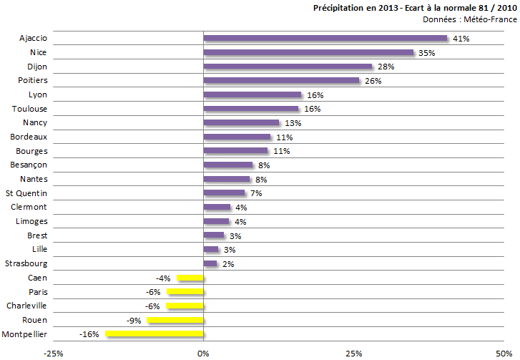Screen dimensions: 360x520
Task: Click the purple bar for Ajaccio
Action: click(325, 38)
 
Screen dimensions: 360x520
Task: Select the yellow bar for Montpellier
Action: click(154, 334)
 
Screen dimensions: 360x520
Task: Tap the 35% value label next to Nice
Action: click(428, 53)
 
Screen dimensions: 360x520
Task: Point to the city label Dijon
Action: click(37, 67)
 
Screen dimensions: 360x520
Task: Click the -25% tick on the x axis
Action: click(52, 353)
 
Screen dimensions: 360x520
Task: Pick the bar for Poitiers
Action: click(282, 80)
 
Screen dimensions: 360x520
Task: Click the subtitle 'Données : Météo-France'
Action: click(469, 19)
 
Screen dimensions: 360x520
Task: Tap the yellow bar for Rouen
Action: click(175, 320)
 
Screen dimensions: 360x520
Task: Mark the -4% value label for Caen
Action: click(162, 278)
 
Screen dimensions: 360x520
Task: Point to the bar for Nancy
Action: click(241, 122)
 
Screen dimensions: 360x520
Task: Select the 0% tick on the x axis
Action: click(204, 353)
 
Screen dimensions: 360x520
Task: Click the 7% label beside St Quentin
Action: click(257, 193)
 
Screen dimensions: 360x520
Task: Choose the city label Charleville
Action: click(26, 306)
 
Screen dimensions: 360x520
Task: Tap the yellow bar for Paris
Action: click(185, 292)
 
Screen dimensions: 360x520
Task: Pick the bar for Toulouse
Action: click(251, 109)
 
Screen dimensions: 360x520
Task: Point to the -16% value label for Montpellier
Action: click(89, 334)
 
